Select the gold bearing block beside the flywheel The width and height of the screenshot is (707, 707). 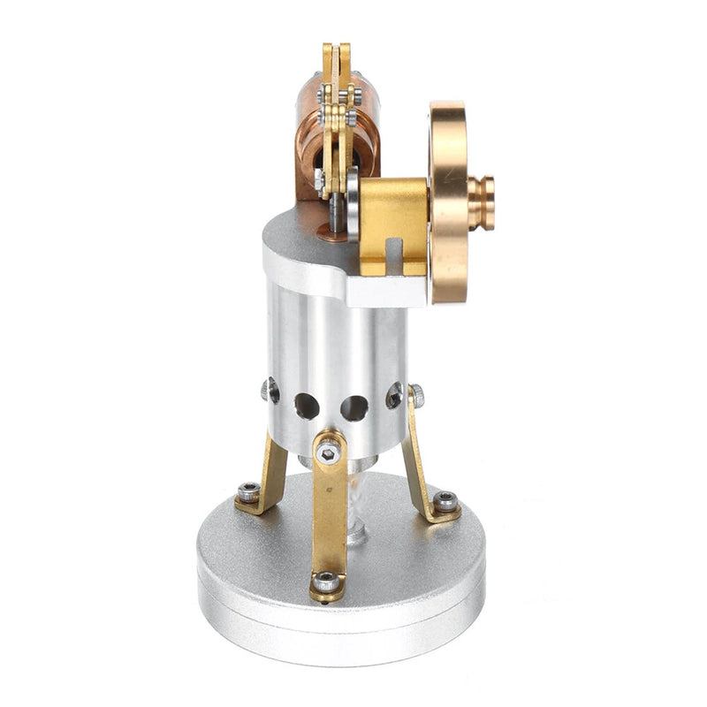pos(393,217)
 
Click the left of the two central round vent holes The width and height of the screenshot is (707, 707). pos(307,406)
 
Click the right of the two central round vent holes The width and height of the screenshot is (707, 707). pos(353,407)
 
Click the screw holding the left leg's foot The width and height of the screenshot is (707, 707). pos(250,492)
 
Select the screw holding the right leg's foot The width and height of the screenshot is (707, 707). pos(445,501)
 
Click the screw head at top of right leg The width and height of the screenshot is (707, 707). pos(415,393)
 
